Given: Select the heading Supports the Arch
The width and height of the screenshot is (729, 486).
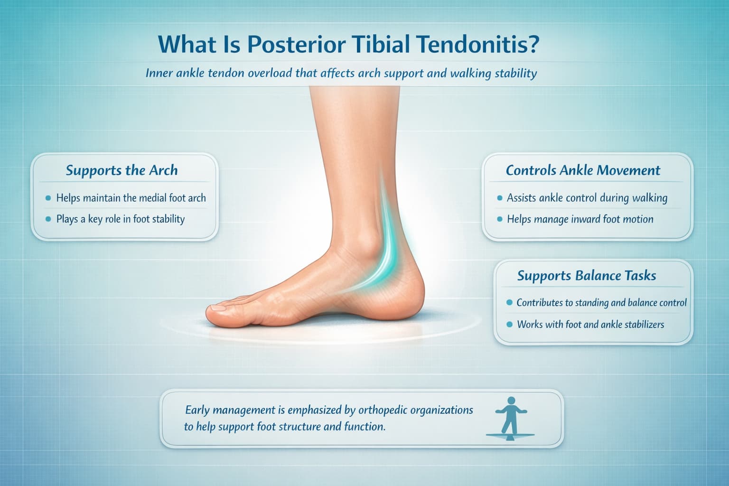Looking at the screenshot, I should pyautogui.click(x=121, y=170).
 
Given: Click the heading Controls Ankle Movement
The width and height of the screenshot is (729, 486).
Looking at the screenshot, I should pyautogui.click(x=583, y=170).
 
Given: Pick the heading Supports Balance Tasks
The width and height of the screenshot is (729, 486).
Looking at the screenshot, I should pyautogui.click(x=587, y=276).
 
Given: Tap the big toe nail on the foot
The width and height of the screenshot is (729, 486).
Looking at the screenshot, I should pyautogui.click(x=219, y=308).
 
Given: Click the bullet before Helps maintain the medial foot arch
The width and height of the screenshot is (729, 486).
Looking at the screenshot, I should pyautogui.click(x=47, y=198).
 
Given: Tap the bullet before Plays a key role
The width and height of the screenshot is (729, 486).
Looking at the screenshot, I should pyautogui.click(x=47, y=219).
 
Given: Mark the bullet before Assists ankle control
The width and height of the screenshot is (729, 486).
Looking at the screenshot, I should pyautogui.click(x=499, y=198).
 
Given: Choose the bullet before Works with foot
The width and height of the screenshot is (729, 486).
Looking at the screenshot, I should pyautogui.click(x=509, y=325).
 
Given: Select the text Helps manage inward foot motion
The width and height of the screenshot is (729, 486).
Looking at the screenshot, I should pyautogui.click(x=580, y=219).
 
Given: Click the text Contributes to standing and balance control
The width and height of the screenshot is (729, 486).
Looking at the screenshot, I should pyautogui.click(x=601, y=303).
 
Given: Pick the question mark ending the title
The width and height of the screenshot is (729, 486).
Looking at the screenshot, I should pyautogui.click(x=532, y=46).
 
